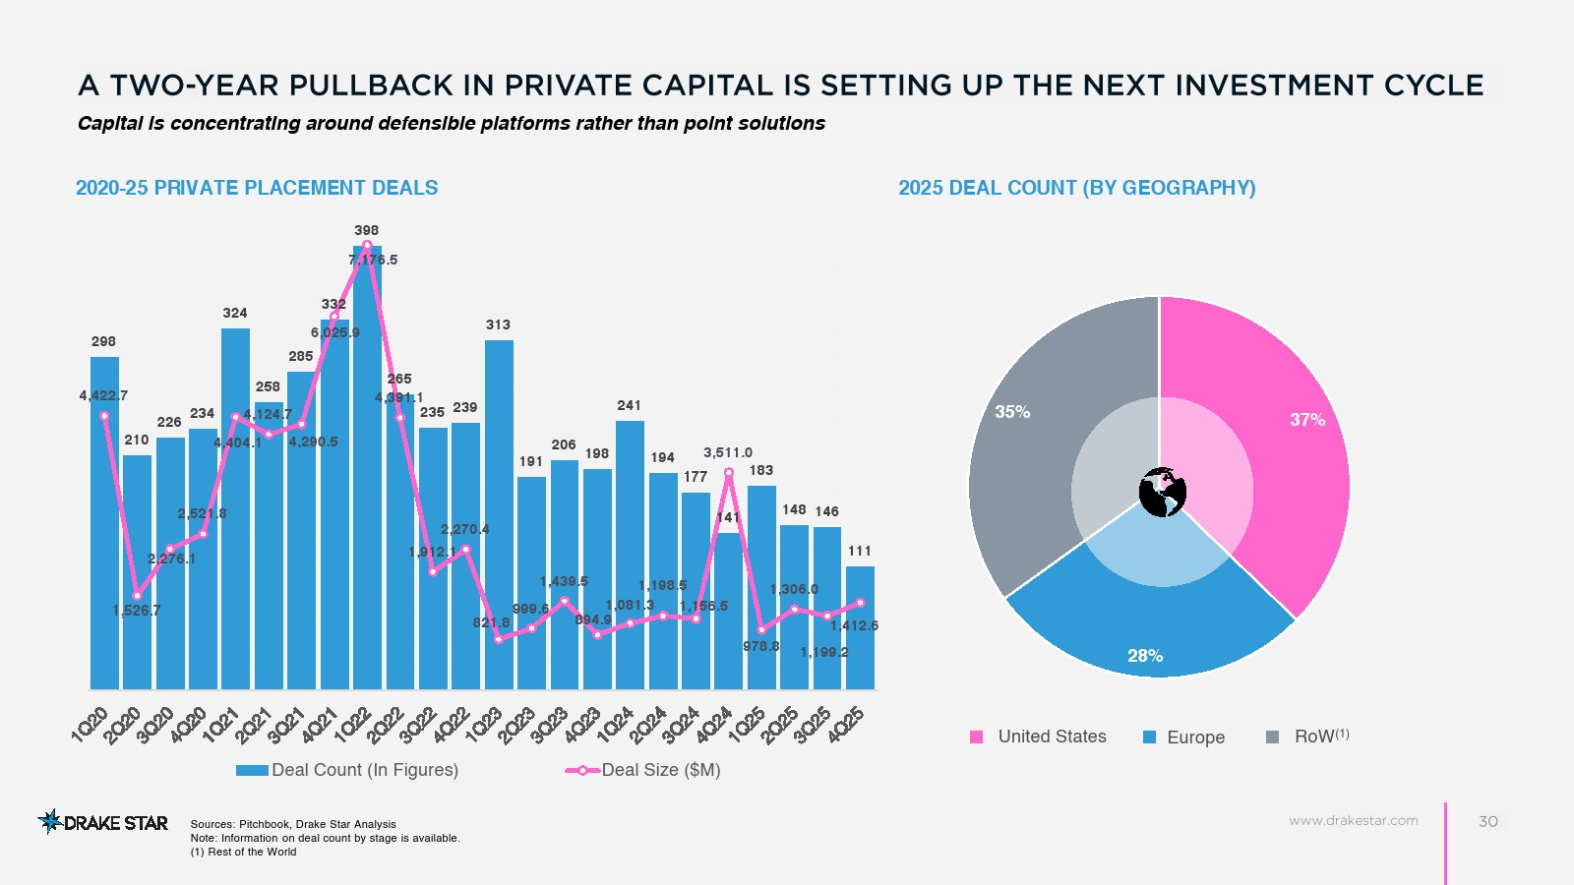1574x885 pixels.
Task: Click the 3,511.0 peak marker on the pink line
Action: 729,473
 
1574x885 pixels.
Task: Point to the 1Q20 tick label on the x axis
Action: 91,725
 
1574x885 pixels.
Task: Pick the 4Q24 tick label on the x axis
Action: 714,725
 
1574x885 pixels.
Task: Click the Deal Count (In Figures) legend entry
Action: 347,770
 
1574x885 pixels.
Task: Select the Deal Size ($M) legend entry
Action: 643,770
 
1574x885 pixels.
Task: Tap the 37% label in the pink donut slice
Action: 1307,420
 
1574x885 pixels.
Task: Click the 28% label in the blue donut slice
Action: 1145,656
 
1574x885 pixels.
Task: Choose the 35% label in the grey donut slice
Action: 1012,412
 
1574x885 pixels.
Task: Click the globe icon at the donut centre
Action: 1162,492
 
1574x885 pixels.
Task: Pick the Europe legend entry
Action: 1184,737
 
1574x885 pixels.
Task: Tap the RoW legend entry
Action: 1308,737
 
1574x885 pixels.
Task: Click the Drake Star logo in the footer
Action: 103,822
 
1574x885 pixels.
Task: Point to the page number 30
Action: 1488,821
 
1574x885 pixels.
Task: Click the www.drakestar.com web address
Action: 1354,820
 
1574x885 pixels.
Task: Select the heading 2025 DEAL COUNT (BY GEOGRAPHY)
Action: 1077,188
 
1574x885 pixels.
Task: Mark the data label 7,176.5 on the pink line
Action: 374,261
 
